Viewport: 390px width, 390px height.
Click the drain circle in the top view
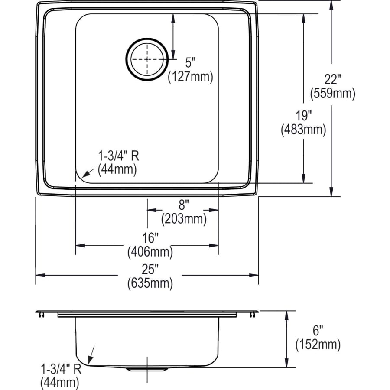(147, 59)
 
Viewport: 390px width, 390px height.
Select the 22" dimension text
(332, 80)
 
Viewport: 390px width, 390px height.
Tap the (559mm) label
(332, 93)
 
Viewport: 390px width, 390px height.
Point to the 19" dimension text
(303, 115)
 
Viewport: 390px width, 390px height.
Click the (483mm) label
(303, 129)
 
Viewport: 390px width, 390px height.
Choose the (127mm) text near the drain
(191, 77)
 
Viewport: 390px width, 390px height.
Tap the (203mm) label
(184, 219)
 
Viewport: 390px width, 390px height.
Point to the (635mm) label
(150, 284)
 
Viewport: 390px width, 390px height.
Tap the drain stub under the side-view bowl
(147, 368)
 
